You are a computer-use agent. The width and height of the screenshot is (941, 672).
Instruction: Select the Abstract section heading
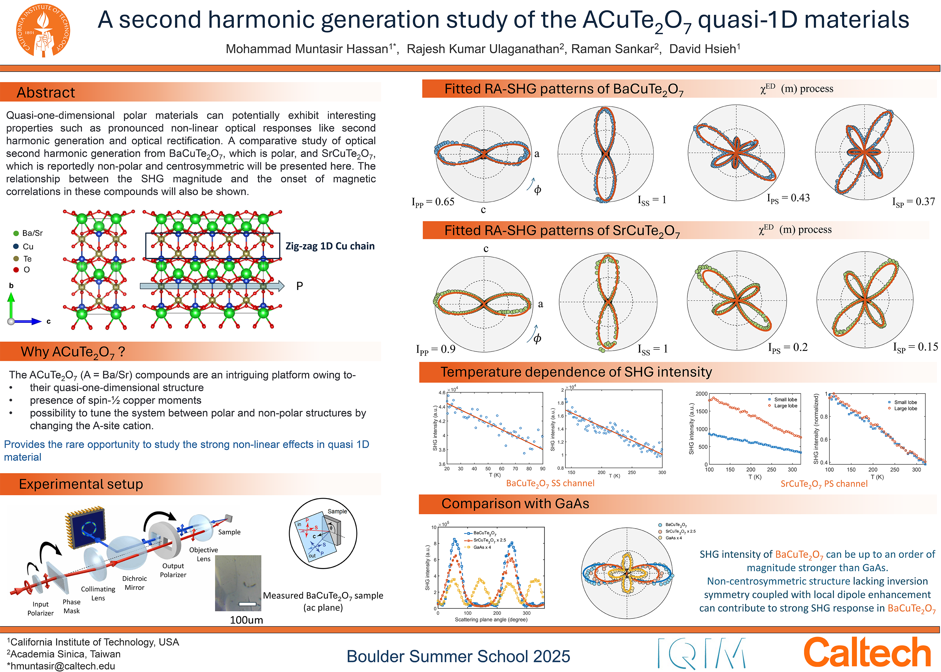(x=46, y=92)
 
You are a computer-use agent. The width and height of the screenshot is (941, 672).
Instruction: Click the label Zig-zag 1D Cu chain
(x=330, y=246)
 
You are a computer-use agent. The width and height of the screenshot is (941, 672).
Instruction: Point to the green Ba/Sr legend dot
(x=16, y=233)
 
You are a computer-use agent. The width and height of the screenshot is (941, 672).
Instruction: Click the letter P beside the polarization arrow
(x=300, y=286)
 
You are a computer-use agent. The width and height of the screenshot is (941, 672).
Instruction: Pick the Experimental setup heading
(x=81, y=484)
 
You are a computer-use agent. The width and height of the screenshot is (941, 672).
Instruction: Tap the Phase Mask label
(x=72, y=606)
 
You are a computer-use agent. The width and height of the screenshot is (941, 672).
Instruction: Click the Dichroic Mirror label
(x=134, y=583)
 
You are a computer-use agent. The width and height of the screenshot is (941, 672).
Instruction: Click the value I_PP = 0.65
(x=433, y=202)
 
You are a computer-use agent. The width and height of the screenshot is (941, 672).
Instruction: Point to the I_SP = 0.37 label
(x=914, y=202)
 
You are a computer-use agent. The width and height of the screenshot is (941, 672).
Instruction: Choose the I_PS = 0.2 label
(x=788, y=348)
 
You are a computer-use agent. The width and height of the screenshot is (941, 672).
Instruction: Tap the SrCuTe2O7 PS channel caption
(x=824, y=484)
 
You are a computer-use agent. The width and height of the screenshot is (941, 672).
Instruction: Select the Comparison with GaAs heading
(x=515, y=504)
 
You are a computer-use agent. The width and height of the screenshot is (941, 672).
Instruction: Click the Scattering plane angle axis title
(x=491, y=619)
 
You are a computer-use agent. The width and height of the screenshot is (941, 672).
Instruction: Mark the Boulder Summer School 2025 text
(x=458, y=656)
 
